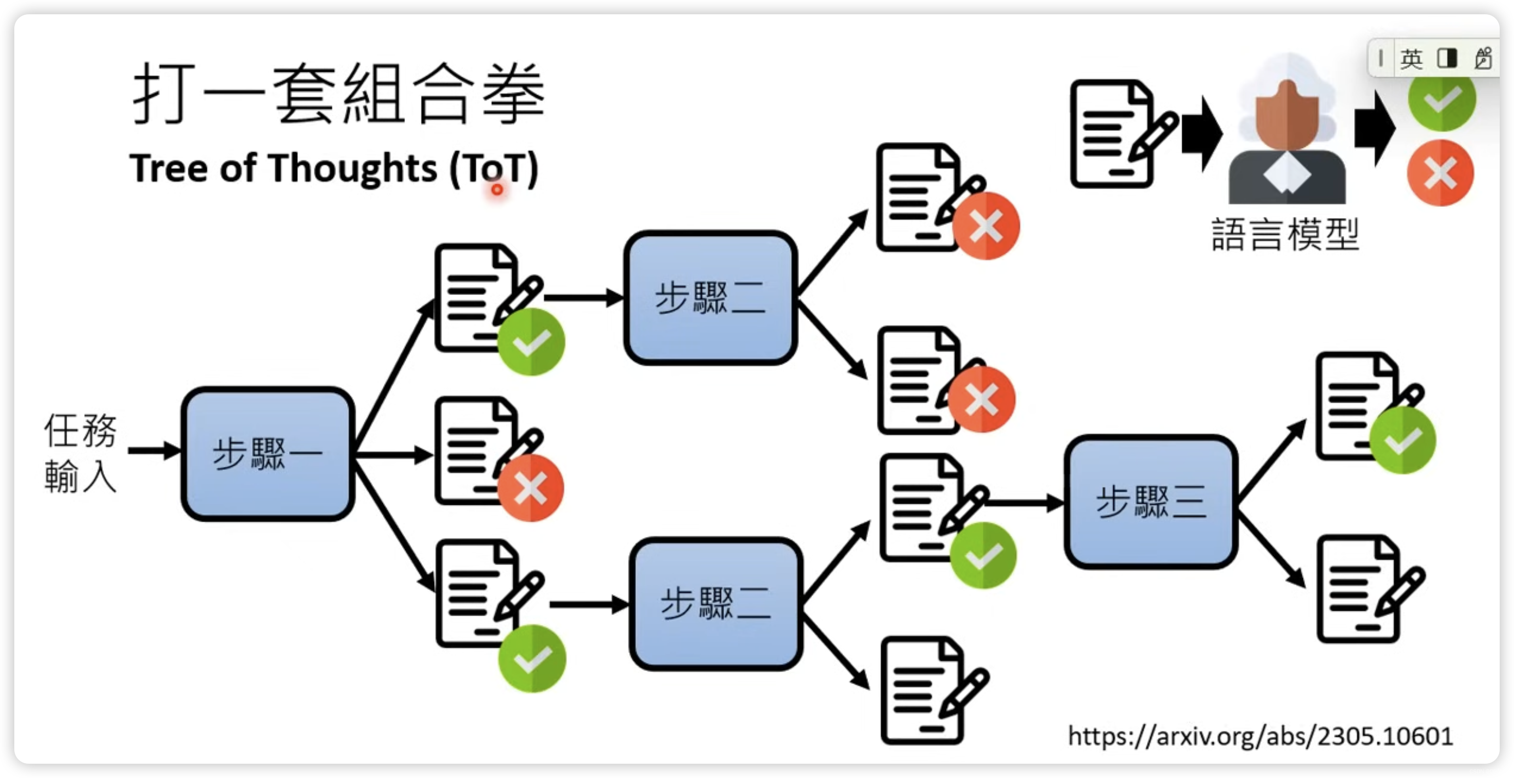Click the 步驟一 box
pyautogui.click(x=267, y=454)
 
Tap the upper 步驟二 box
pyautogui.click(x=710, y=297)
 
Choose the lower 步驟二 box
pyautogui.click(x=715, y=604)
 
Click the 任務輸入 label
pyautogui.click(x=81, y=452)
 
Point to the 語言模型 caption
pyautogui.click(x=1285, y=234)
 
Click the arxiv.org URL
pyautogui.click(x=1260, y=736)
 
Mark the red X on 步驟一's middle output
pyautogui.click(x=531, y=488)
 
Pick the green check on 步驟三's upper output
pyautogui.click(x=1403, y=440)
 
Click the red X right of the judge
pyautogui.click(x=1440, y=173)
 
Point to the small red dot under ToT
pyautogui.click(x=497, y=189)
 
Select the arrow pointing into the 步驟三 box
pyautogui.click(x=1026, y=503)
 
